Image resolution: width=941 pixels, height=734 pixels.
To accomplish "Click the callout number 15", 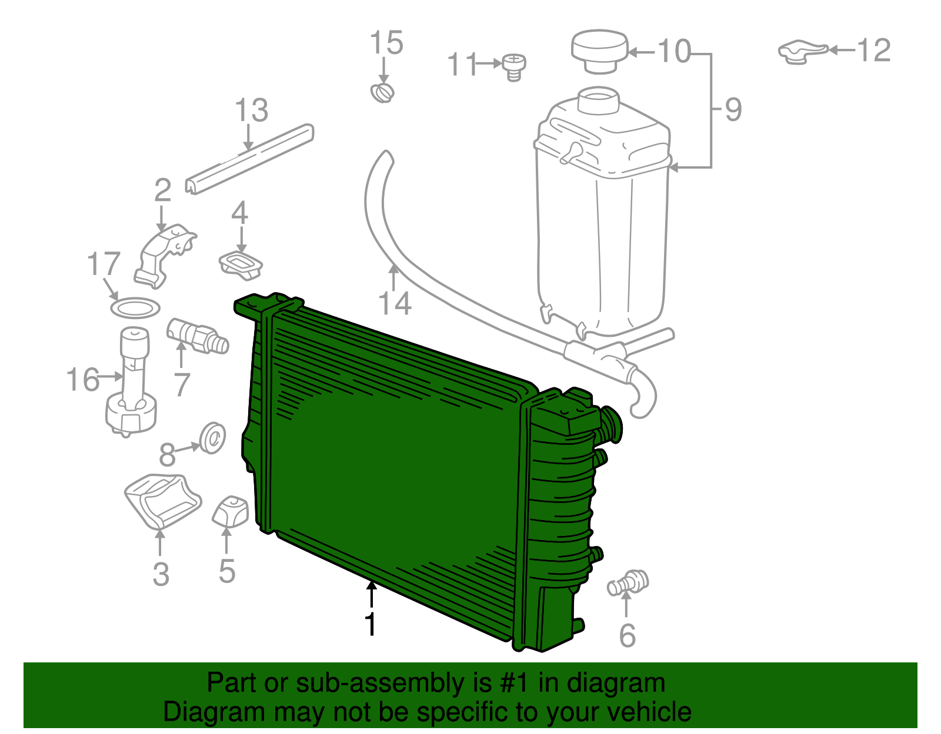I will (386, 43).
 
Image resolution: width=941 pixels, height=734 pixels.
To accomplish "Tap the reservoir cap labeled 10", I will (600, 51).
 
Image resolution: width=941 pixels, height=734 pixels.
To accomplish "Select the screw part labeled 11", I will (514, 67).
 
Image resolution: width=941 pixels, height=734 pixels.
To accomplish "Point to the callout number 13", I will (252, 110).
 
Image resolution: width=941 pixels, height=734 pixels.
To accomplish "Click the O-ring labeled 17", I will (135, 307).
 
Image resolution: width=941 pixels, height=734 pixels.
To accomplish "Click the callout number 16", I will (82, 380).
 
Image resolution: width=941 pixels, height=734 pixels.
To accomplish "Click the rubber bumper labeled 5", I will (231, 511).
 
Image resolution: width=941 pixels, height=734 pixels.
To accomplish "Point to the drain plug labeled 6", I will (628, 582).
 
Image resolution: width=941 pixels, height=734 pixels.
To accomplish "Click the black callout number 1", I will (370, 624).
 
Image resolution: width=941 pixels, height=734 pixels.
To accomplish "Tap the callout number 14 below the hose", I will (394, 304).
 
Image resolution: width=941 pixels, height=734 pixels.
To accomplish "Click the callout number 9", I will (733, 109).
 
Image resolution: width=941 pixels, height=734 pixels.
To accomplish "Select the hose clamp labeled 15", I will (383, 93).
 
